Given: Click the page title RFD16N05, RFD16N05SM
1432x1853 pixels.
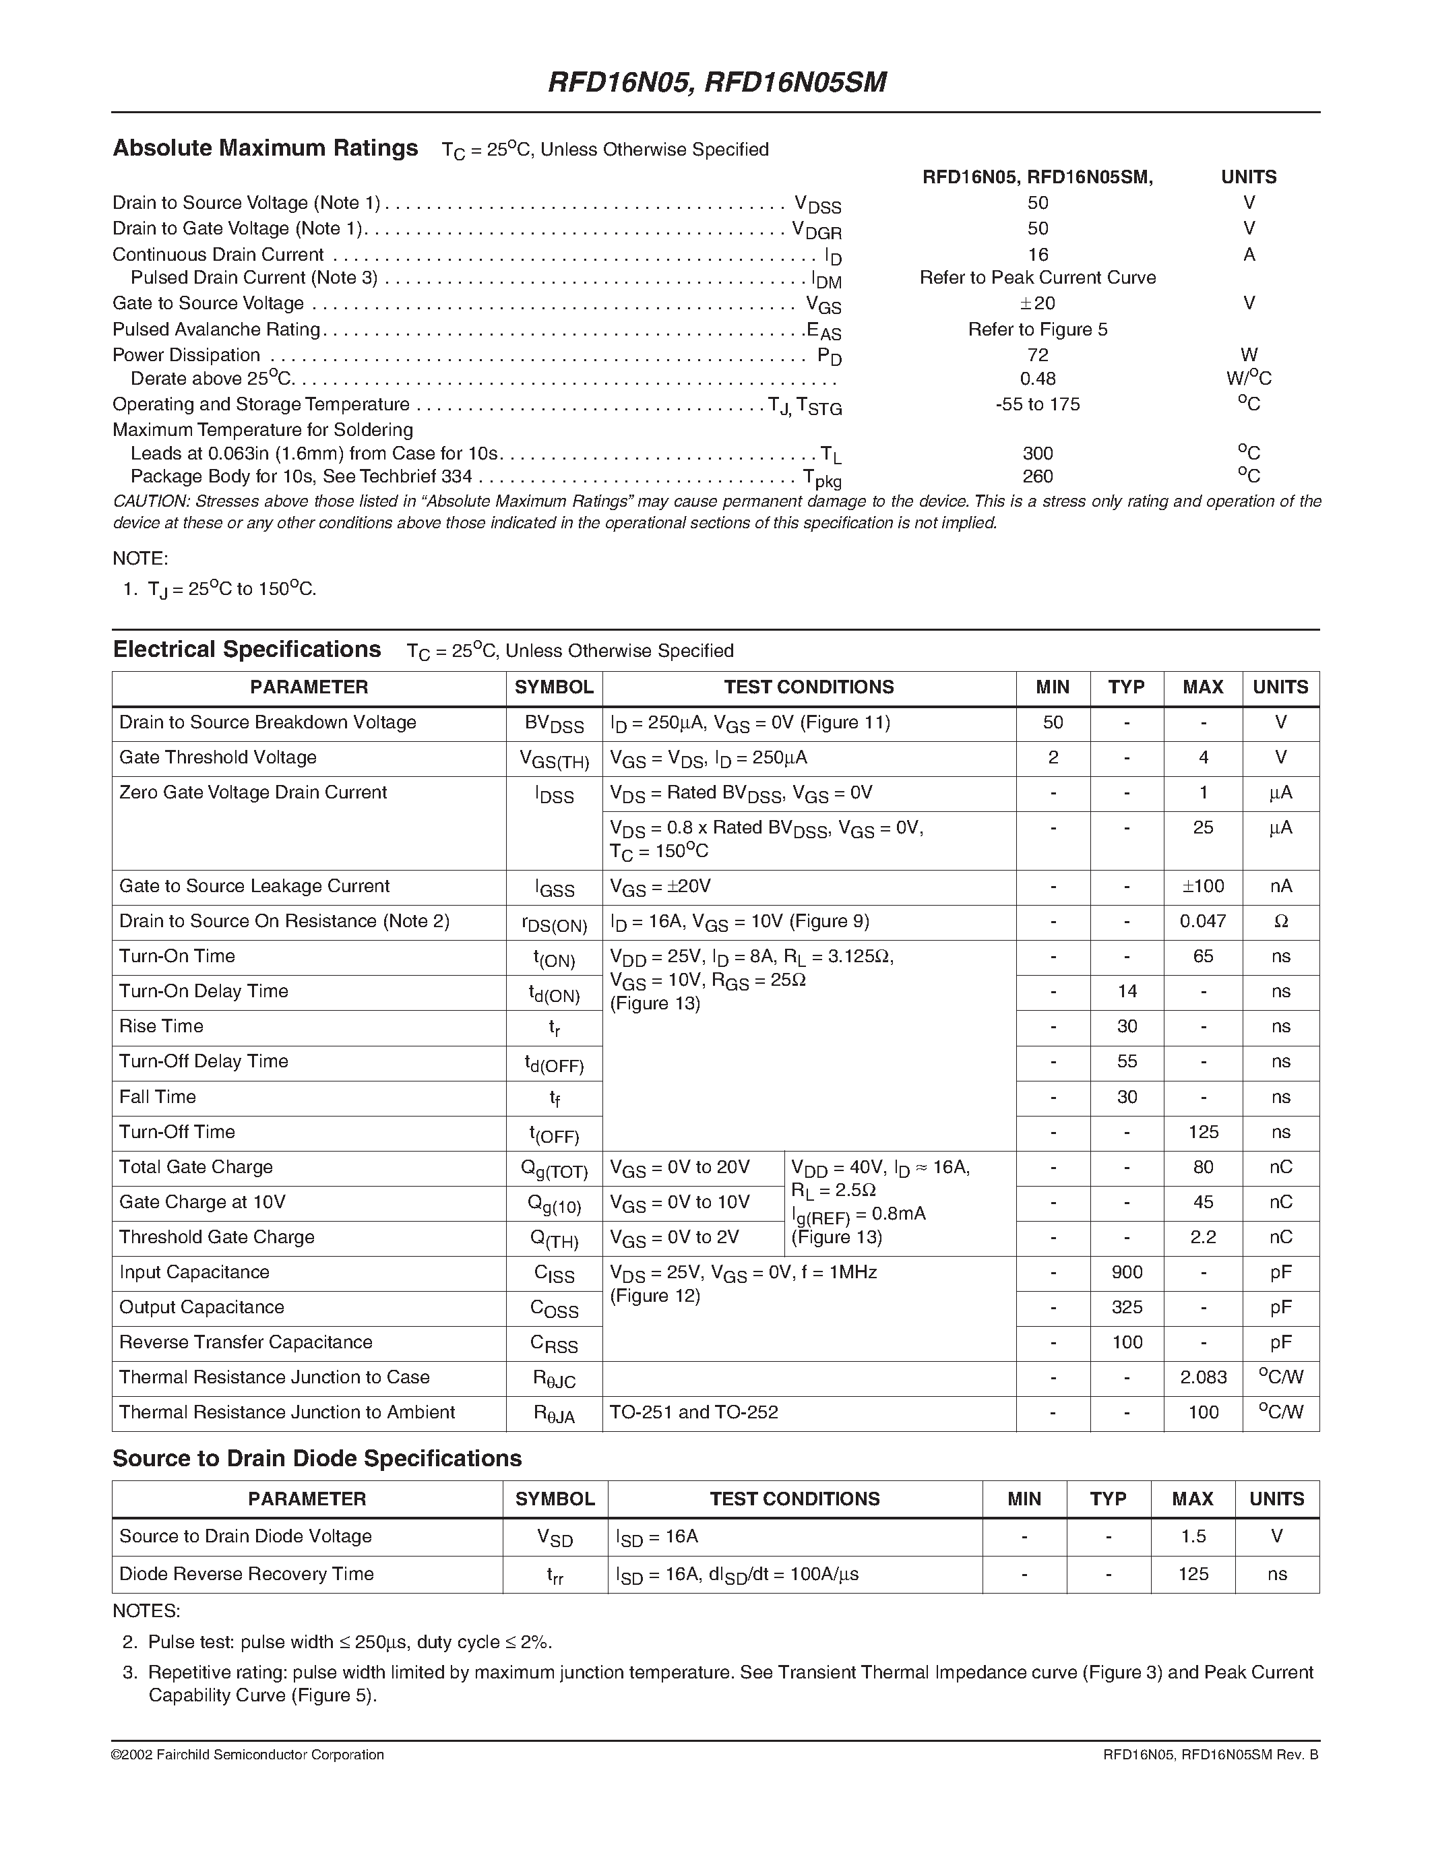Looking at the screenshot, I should click(x=717, y=82).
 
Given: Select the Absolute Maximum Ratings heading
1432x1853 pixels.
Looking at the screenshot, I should click(x=266, y=148).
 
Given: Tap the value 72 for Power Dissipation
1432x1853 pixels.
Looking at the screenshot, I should click(x=1038, y=354).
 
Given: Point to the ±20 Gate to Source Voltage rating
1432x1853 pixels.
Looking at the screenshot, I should click(x=1038, y=303).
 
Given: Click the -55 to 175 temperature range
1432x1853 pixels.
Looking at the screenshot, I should click(x=1038, y=404).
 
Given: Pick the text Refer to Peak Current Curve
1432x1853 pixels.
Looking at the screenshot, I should click(x=1038, y=278).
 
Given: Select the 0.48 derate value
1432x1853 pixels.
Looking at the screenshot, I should click(x=1038, y=379).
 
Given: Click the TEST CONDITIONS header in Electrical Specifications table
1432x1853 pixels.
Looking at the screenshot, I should click(x=809, y=687).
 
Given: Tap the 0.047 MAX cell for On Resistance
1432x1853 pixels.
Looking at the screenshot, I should click(x=1202, y=920).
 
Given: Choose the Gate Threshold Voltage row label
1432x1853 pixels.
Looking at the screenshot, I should click(x=218, y=757).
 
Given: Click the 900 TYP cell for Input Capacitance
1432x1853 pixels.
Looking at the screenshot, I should click(x=1127, y=1271).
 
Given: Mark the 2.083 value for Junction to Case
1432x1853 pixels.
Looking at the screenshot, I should click(x=1203, y=1377).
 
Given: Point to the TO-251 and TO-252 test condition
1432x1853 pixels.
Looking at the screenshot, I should click(x=694, y=1412).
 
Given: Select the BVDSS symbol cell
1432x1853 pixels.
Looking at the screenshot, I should click(x=554, y=724).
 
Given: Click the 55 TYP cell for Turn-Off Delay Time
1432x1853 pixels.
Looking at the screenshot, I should click(x=1127, y=1061).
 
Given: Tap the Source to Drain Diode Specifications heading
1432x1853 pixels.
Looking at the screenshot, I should click(x=317, y=1458).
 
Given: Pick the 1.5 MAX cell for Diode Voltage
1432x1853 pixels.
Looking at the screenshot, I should click(x=1193, y=1536).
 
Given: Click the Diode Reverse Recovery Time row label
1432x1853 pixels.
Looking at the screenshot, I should click(x=246, y=1574).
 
